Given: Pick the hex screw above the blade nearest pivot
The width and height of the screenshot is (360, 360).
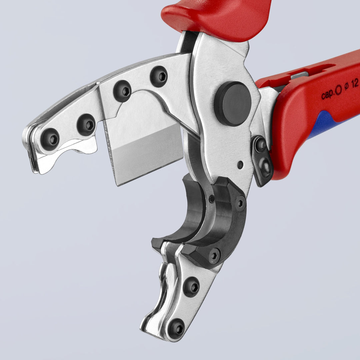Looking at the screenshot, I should coord(159,77).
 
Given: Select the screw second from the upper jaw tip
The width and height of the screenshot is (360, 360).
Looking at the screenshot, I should coord(86,125).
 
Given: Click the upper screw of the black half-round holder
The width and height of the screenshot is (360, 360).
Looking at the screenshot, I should coord(240,203).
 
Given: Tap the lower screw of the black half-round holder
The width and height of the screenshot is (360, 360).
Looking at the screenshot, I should coord(214,256).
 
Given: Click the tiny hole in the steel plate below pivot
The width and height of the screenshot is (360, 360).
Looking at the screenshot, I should coord(240,165).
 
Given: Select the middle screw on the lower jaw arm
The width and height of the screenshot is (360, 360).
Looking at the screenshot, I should coord(191,287).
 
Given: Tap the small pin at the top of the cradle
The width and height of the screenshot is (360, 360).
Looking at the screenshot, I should coord(212,199).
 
